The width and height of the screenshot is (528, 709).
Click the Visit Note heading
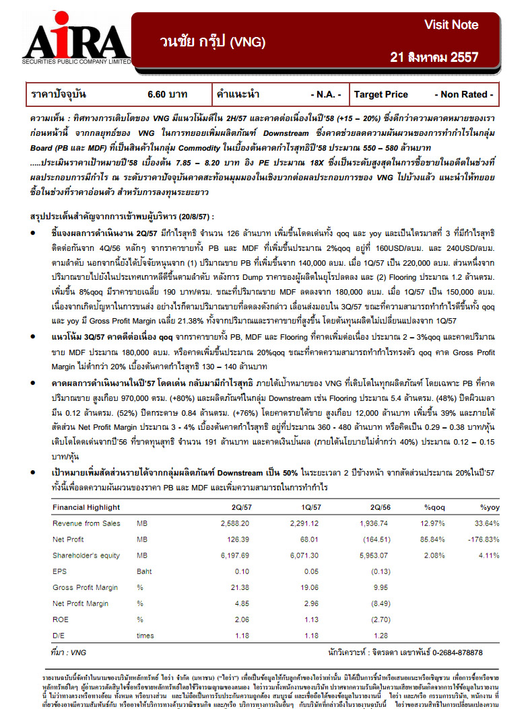(451, 25)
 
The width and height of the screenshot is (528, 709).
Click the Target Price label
(381, 95)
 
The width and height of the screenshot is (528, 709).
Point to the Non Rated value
(464, 95)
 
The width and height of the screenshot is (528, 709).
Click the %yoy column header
(489, 507)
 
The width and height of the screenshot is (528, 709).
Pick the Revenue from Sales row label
(86, 523)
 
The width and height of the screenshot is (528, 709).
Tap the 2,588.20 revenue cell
(235, 523)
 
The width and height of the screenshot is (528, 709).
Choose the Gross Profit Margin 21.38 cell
(241, 587)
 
